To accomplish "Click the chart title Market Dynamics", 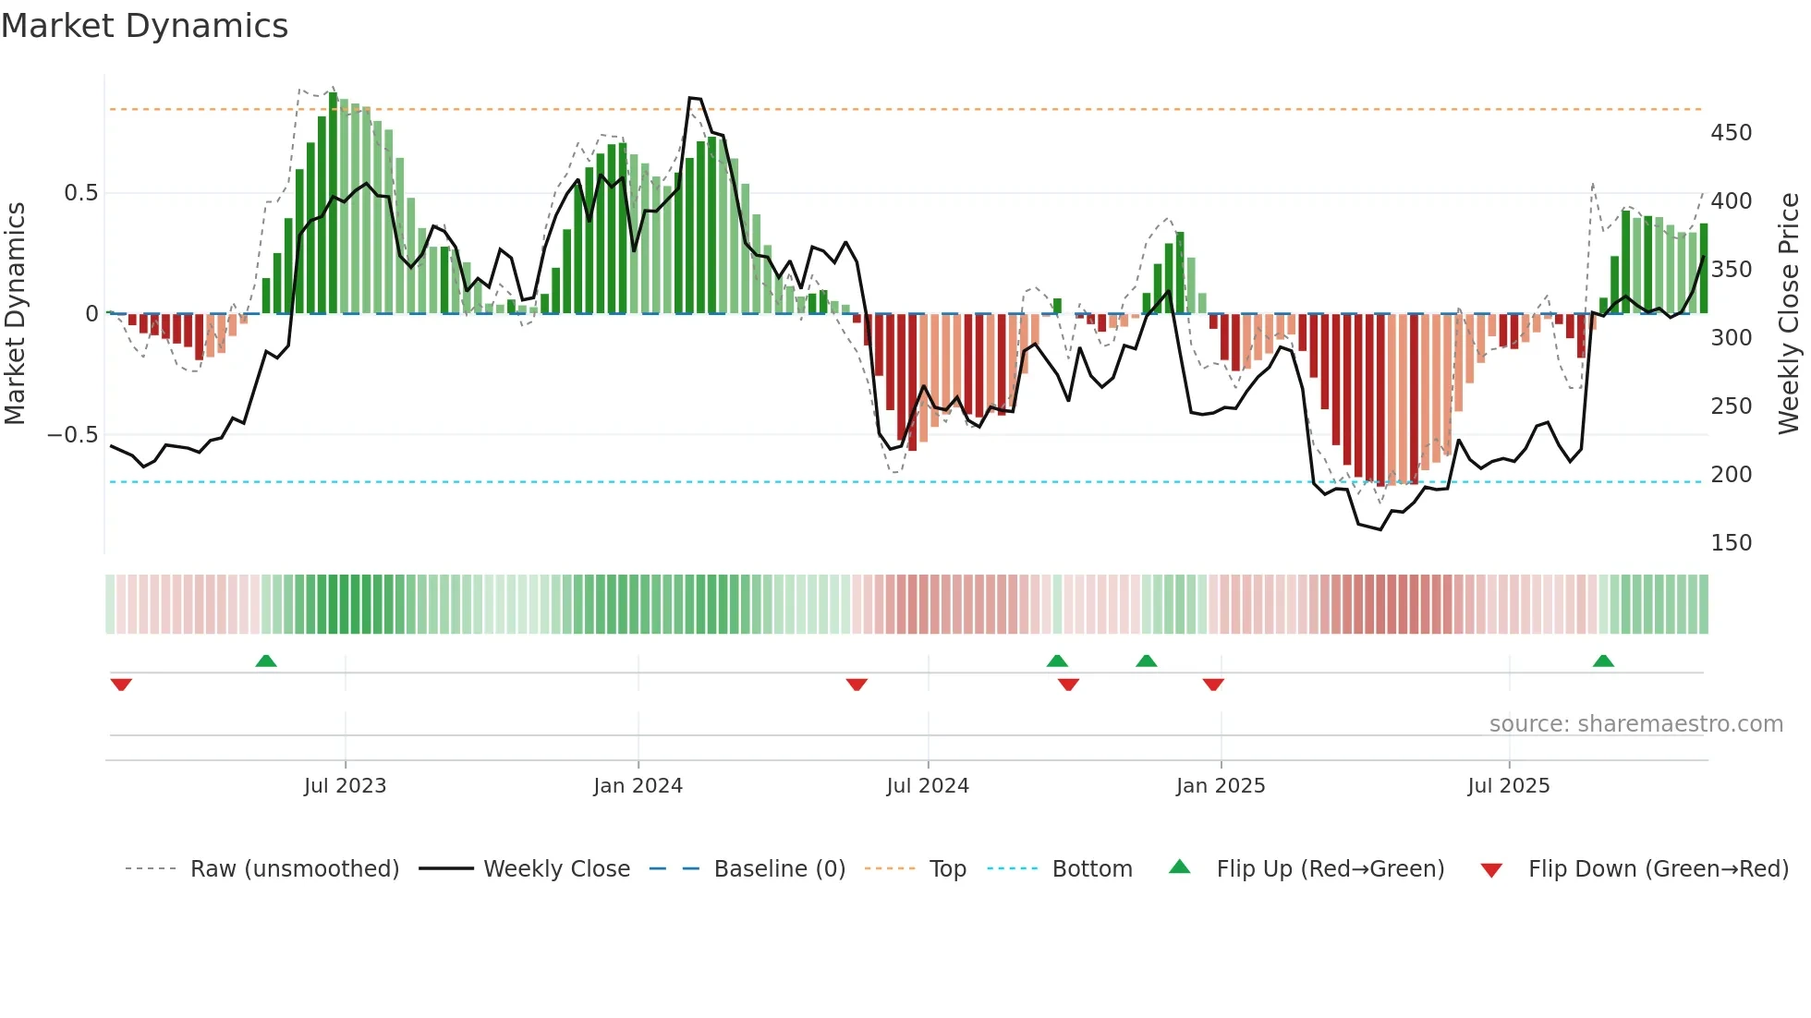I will point(144,26).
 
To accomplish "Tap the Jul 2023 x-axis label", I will point(345,786).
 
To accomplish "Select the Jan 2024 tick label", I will point(638,786).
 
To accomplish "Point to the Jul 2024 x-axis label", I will point(928,786).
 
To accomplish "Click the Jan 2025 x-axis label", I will point(1221,786).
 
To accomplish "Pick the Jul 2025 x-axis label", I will point(1509,786).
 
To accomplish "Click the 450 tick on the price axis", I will point(1731,133).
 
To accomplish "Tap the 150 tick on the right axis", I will point(1731,543).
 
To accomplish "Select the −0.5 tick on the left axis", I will point(72,435).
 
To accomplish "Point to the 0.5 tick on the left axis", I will point(80,193).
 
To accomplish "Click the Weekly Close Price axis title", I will point(1789,314).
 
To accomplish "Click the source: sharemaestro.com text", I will point(1635,724).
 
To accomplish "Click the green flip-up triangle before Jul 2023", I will point(266,660).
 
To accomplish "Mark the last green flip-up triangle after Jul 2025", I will point(1603,660).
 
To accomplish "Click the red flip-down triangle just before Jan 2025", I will point(1213,685).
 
